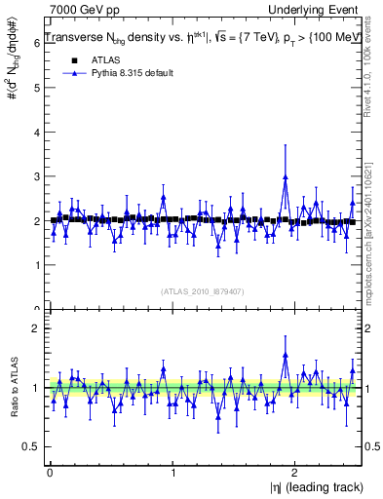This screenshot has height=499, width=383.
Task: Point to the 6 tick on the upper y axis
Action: point(34,42)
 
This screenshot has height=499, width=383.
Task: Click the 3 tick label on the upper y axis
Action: point(34,176)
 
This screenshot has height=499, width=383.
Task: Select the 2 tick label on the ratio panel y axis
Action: point(34,328)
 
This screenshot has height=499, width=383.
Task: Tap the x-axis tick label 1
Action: point(172,474)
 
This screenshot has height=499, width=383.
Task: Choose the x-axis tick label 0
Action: point(50,474)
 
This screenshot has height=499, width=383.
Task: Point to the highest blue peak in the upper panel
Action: point(285,177)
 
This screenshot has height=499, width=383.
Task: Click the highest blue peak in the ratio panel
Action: point(285,355)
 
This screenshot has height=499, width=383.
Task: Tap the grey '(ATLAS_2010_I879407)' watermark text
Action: point(203,290)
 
